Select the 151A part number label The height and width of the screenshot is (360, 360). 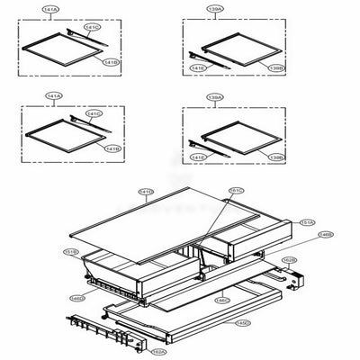(307, 221)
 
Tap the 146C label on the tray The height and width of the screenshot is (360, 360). (222, 300)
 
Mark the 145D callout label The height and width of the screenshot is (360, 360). (243, 321)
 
